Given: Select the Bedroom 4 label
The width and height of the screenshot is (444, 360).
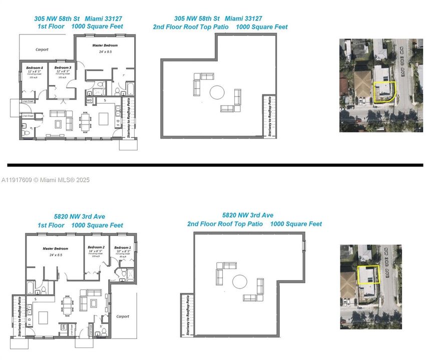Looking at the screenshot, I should pos(35,67).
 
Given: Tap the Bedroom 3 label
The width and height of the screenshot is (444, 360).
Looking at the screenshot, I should pos(63,67).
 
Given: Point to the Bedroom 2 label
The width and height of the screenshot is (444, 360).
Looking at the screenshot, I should pos(96,247).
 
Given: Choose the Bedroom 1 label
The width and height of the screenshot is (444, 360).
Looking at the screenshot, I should pos(122,247).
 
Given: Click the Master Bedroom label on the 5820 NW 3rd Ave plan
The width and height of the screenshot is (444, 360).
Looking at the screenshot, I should pos(55,248).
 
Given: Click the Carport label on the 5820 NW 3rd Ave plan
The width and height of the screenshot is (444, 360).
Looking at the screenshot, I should pos(123,316).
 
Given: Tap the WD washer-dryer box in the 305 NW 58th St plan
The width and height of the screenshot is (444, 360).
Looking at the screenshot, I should pos(90,100).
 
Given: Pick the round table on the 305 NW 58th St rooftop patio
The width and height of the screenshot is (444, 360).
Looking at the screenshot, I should pos(217,92).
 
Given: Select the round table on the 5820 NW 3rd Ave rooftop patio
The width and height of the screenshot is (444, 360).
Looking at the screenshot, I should pos(240,281).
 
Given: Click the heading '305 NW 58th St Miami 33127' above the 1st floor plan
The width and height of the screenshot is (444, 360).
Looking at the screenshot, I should pos(78,18).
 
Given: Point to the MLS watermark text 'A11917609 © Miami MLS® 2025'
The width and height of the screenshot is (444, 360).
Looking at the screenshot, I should pos(46,179).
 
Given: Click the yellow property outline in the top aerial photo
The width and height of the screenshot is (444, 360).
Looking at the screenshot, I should pos(383,92).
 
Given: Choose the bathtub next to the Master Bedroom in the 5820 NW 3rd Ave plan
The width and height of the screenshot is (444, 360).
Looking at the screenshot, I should pos(31,288).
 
